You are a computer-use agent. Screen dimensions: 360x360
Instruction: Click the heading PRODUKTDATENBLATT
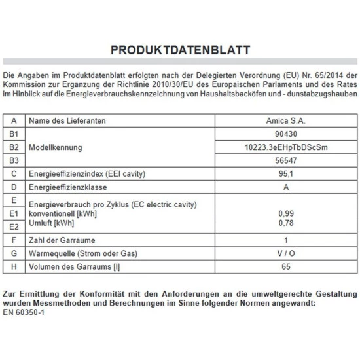pyautogui.click(x=180, y=50)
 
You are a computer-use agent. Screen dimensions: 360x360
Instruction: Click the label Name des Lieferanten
pyautogui.click(x=68, y=121)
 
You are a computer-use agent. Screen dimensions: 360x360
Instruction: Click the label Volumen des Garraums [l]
pyautogui.click(x=74, y=266)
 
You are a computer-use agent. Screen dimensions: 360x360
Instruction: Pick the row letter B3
pyautogui.click(x=14, y=160)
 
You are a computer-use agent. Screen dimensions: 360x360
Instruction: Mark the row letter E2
pyautogui.click(x=14, y=226)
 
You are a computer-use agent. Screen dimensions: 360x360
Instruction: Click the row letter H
pyautogui.click(x=14, y=266)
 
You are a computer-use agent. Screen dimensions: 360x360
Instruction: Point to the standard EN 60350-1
pyautogui.click(x=24, y=313)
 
